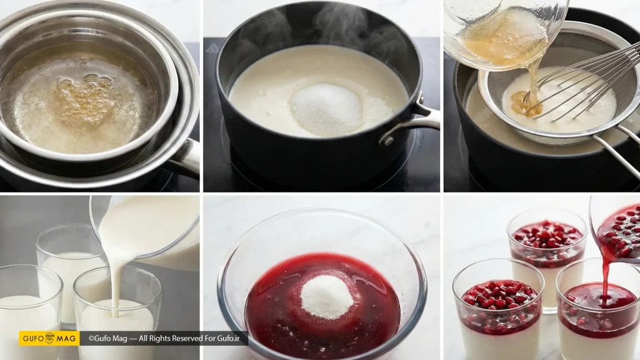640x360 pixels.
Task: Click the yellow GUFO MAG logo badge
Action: pyautogui.click(x=49, y=338)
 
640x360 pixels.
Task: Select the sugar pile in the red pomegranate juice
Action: pyautogui.click(x=326, y=296)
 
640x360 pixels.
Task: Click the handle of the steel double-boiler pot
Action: pyautogui.click(x=184, y=157)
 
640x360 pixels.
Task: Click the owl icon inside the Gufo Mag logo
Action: pyautogui.click(x=49, y=338)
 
